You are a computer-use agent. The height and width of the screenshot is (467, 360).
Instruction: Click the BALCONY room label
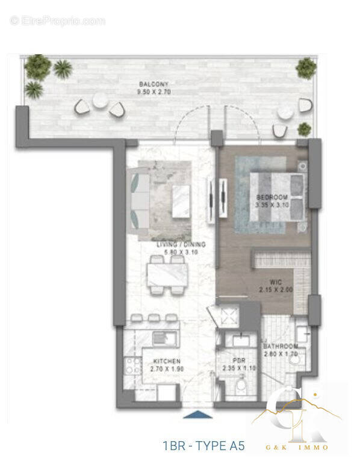149,84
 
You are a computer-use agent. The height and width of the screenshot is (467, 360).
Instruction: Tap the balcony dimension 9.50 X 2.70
149,93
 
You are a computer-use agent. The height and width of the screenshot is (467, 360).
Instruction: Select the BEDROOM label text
272,197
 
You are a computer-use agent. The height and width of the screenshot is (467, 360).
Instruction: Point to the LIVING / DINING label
181,245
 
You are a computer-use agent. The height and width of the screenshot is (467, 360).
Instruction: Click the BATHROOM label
281,347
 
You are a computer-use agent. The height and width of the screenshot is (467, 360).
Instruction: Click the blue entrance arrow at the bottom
198,414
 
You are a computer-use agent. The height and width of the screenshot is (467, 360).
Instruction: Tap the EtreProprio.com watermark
57,21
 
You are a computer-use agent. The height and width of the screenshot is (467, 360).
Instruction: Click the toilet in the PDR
240,383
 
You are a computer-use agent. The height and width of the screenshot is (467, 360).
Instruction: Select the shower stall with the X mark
227,314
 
